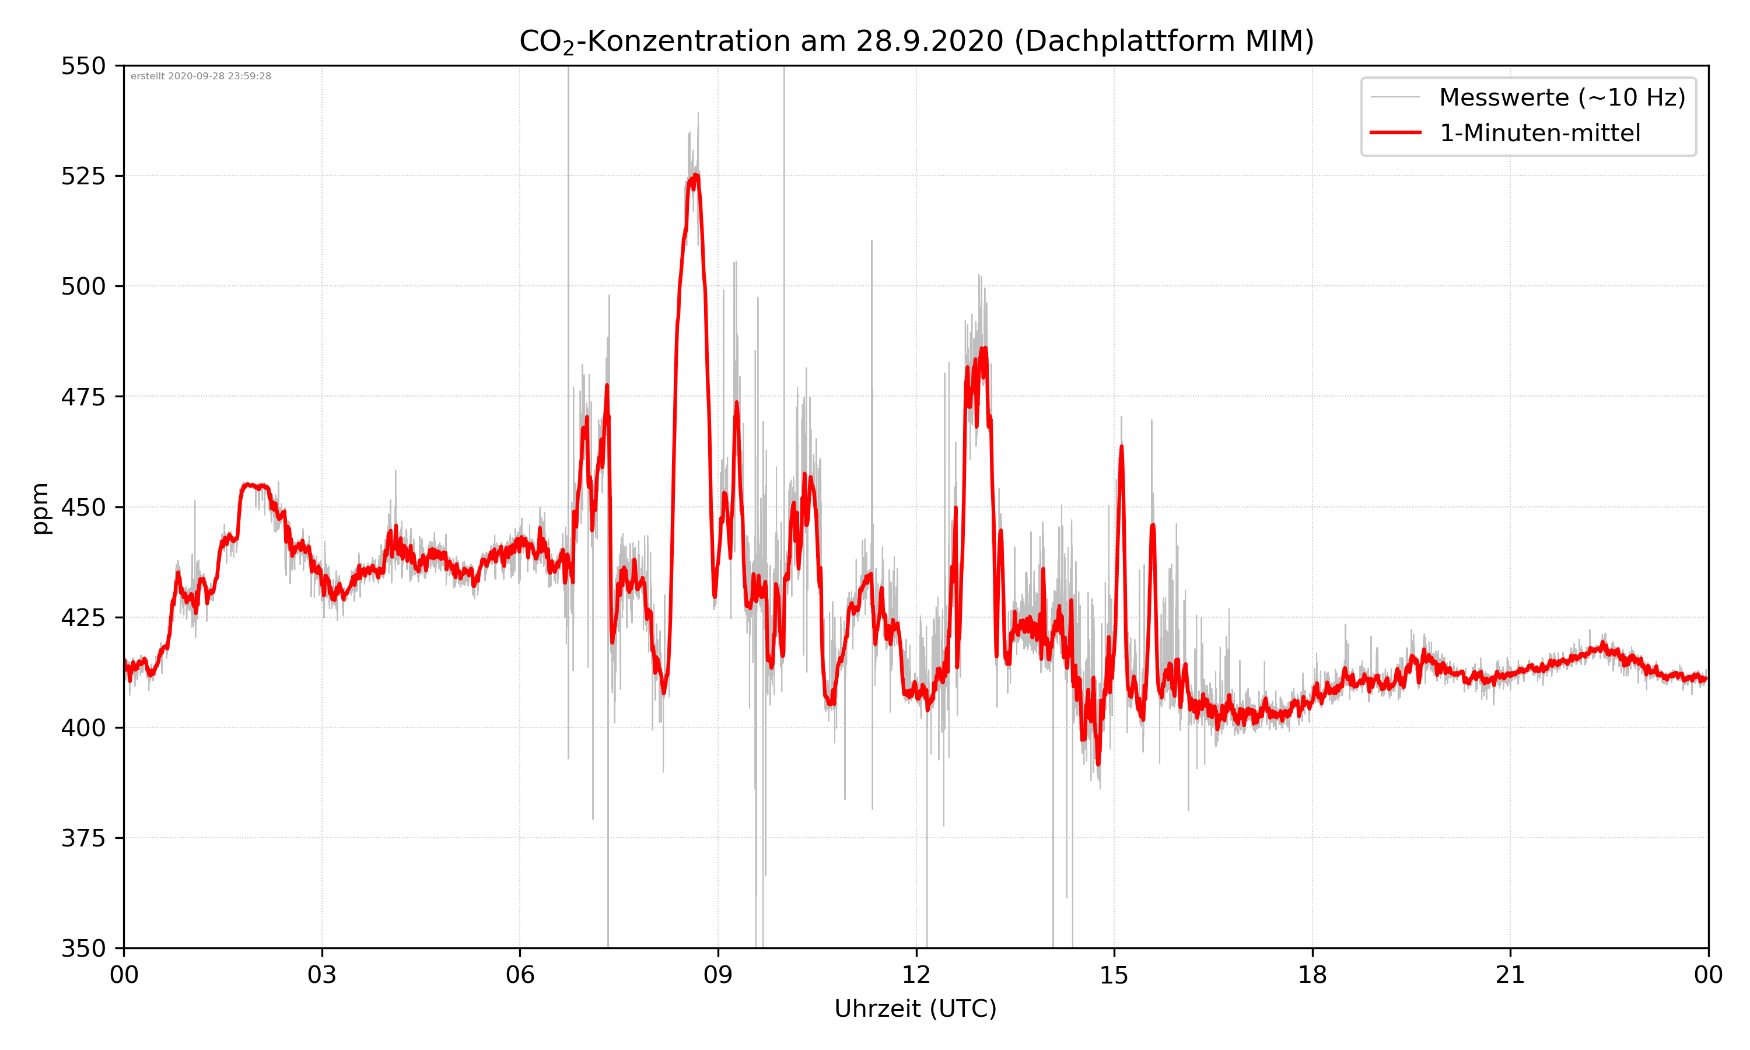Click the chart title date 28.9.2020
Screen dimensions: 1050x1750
(929, 41)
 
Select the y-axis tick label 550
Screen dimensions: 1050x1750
(83, 66)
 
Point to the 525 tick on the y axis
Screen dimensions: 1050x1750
(83, 176)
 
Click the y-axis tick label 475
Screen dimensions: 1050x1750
(83, 397)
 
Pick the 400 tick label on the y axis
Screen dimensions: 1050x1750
(83, 728)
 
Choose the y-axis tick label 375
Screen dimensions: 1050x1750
(83, 838)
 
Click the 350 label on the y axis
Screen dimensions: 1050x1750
(83, 949)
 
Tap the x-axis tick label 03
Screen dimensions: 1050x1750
(322, 975)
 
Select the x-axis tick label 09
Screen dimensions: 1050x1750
(718, 975)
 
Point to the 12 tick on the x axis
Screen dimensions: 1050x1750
(916, 975)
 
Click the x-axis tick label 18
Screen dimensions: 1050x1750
(1312, 975)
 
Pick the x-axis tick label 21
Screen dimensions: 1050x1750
(1510, 975)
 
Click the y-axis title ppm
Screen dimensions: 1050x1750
(41, 508)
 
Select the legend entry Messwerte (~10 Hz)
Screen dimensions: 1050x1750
(1562, 97)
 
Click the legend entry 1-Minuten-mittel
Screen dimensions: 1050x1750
(1539, 133)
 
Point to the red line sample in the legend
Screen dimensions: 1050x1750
(1395, 133)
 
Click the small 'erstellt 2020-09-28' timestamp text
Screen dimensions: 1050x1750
(201, 76)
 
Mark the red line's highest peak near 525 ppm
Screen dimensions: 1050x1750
(696, 175)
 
